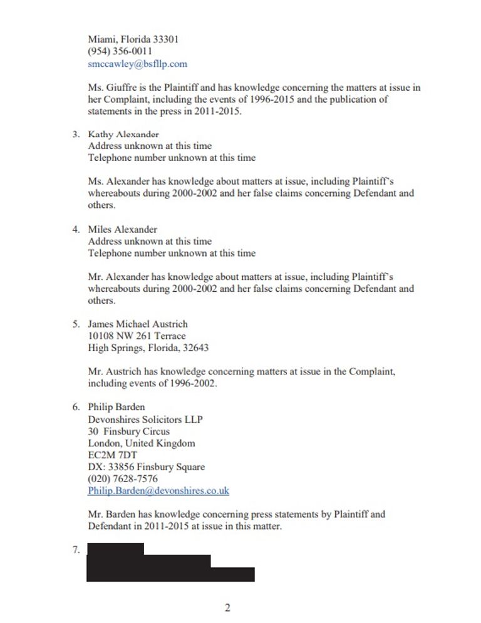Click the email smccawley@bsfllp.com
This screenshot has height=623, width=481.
click(137, 64)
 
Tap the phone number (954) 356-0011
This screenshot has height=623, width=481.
click(120, 51)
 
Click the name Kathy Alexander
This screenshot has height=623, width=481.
click(123, 134)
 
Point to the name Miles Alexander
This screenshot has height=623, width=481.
click(122, 229)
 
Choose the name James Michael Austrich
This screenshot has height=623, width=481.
click(137, 324)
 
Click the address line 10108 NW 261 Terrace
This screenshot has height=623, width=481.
click(137, 336)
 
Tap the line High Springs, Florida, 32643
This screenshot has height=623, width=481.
click(148, 348)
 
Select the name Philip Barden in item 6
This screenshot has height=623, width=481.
click(116, 407)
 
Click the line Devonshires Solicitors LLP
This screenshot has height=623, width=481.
click(145, 420)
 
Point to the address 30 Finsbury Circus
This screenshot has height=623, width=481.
click(128, 431)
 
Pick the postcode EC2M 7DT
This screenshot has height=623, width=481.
click(112, 455)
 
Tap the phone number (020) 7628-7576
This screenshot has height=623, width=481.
click(123, 479)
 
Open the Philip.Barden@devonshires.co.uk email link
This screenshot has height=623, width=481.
click(158, 491)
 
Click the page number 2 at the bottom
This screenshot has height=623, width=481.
click(227, 608)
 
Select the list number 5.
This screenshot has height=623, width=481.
click(76, 324)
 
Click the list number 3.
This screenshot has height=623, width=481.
click(76, 134)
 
